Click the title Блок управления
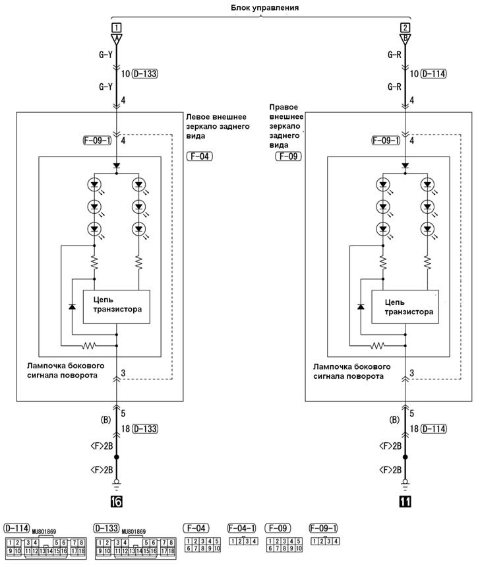point(264,8)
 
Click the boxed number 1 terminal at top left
point(116,28)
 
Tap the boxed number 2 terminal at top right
point(405,28)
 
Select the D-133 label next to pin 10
point(145,74)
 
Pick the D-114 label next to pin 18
point(434,429)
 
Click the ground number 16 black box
point(116,502)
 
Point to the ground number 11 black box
point(405,502)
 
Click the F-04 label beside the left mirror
point(199,156)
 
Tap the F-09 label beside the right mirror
point(288,156)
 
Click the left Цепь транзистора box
point(116,307)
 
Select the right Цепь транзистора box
point(405,307)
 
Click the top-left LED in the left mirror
point(94,185)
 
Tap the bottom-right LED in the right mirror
point(427,229)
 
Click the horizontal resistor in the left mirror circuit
point(89,346)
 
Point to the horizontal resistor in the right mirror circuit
point(378,346)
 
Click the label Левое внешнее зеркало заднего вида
point(218,126)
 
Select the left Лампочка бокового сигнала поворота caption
point(66,371)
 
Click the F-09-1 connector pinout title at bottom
point(323,528)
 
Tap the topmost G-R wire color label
point(394,55)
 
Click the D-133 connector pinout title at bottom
point(106,528)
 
